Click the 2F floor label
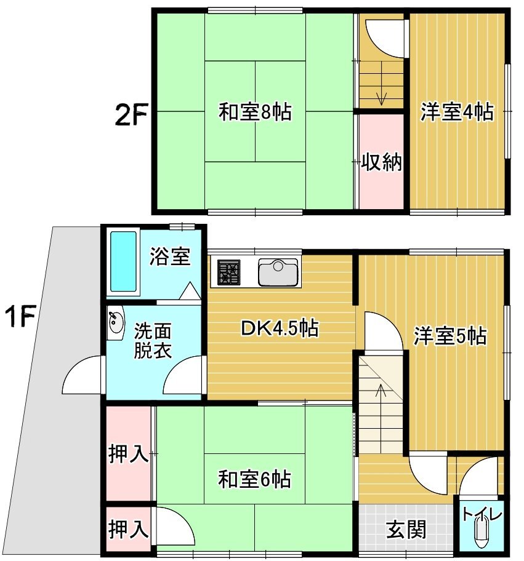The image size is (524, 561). pyautogui.click(x=131, y=114)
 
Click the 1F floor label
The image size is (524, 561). pyautogui.click(x=20, y=316)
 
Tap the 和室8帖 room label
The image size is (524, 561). pyautogui.click(x=256, y=111)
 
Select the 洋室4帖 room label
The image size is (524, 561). pyautogui.click(x=457, y=111)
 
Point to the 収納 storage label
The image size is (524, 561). pyautogui.click(x=381, y=162)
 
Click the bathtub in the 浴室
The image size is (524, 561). pyautogui.click(x=123, y=261)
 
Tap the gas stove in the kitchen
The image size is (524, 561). pyautogui.click(x=228, y=273)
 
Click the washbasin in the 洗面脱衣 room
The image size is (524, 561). pyautogui.click(x=116, y=321)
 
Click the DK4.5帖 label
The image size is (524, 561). pyautogui.click(x=280, y=328)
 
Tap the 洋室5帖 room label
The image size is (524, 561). pyautogui.click(x=450, y=336)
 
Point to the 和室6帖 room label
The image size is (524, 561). pyautogui.click(x=255, y=479)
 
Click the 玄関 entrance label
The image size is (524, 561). pyautogui.click(x=406, y=530)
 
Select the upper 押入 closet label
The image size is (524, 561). pyautogui.click(x=128, y=454)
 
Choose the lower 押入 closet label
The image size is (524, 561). pyautogui.click(x=128, y=529)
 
